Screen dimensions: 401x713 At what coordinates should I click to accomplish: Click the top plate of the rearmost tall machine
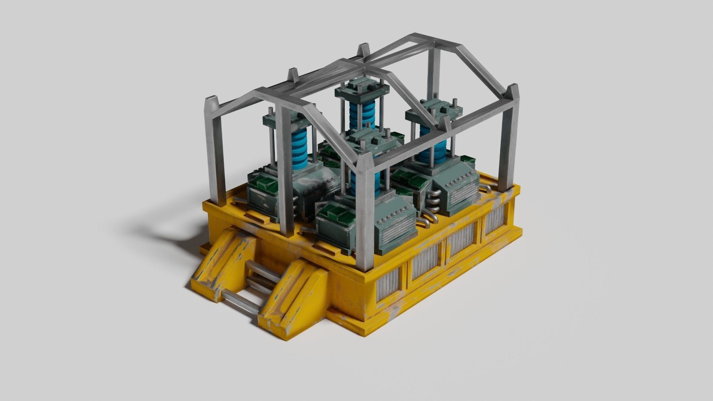(361, 89)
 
